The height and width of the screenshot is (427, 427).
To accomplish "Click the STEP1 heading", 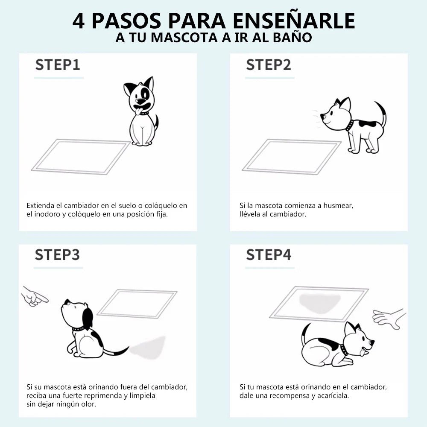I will click(x=58, y=65).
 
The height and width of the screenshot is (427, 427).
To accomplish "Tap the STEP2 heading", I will click(x=268, y=65).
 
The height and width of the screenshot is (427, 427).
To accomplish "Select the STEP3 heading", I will click(x=57, y=255).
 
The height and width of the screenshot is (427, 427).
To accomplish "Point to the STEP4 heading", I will click(x=269, y=255).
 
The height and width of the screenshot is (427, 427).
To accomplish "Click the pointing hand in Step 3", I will click(x=34, y=296).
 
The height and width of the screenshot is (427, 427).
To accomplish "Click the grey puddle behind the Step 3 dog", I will click(x=149, y=347).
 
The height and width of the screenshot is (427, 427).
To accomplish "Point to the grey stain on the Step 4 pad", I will click(x=319, y=302).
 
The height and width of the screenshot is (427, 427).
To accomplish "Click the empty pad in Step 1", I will click(x=80, y=156).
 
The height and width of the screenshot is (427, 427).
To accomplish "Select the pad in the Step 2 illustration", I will click(x=291, y=156).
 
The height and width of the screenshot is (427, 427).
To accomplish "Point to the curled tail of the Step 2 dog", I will click(x=381, y=113).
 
